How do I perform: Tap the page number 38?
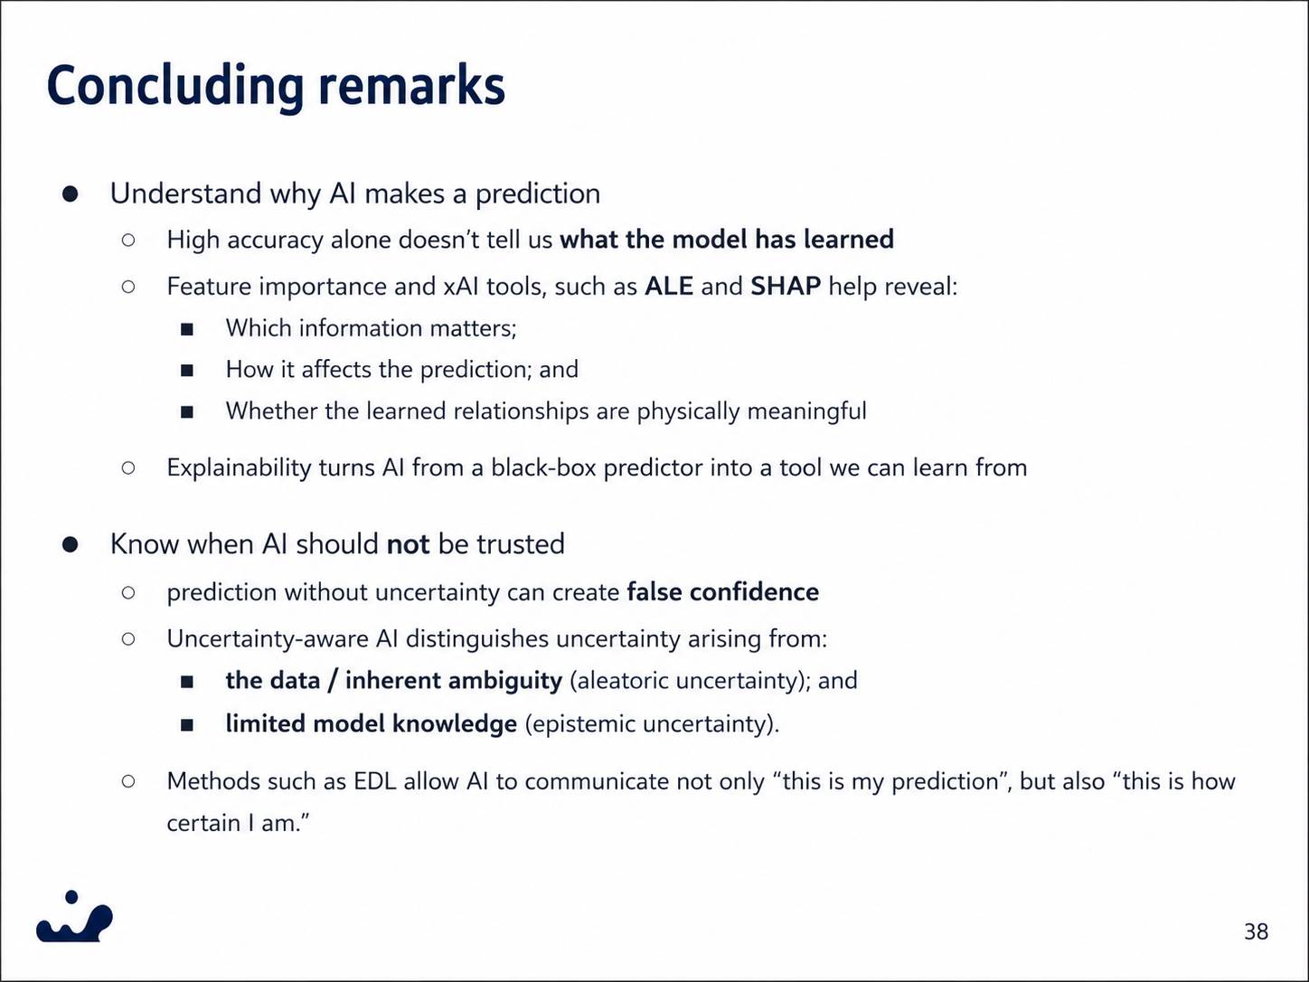1256,931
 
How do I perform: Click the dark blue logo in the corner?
74,916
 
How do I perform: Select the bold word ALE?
669,287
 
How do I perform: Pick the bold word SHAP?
786,287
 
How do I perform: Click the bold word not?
408,543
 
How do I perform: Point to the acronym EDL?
374,781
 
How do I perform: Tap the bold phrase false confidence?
723,592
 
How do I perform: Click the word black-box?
543,467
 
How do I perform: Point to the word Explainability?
239,468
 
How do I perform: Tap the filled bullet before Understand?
71,194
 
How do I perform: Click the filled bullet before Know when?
71,544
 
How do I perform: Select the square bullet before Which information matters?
187,329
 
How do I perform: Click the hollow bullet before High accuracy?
128,240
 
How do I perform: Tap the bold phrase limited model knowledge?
371,724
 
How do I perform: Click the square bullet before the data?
187,682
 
